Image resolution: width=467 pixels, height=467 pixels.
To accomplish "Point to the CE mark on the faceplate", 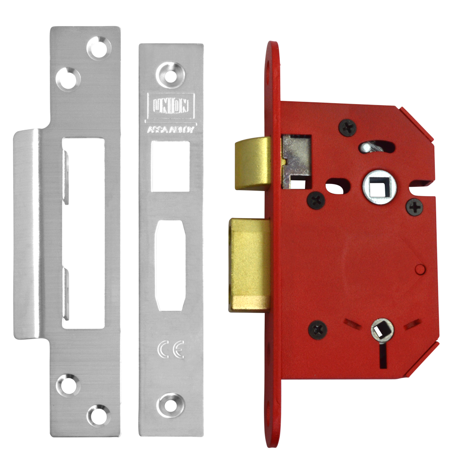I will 171,349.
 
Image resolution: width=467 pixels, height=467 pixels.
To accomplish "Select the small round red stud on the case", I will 419,269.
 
